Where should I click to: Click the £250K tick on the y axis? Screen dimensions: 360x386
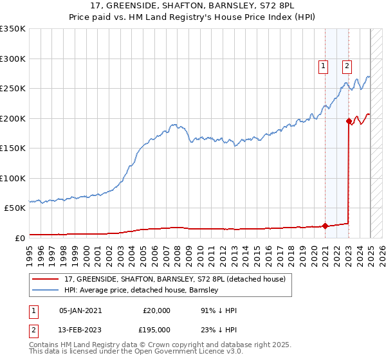pos(12,88)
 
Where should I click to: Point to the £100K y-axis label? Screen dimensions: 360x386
pos(12,178)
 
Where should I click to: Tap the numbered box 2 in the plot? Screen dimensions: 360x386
pos(347,65)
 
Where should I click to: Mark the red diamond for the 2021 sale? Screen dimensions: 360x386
pos(325,226)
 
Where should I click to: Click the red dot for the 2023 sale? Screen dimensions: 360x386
pos(349,121)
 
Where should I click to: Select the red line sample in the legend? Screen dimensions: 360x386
pos(46,278)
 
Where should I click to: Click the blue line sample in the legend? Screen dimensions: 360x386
pos(46,290)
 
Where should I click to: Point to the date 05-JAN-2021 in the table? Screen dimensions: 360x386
pos(80,310)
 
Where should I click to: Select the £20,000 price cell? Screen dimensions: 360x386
pos(156,310)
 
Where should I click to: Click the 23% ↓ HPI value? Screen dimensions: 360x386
pos(219,329)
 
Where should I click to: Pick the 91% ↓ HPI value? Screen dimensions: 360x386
pos(219,310)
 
